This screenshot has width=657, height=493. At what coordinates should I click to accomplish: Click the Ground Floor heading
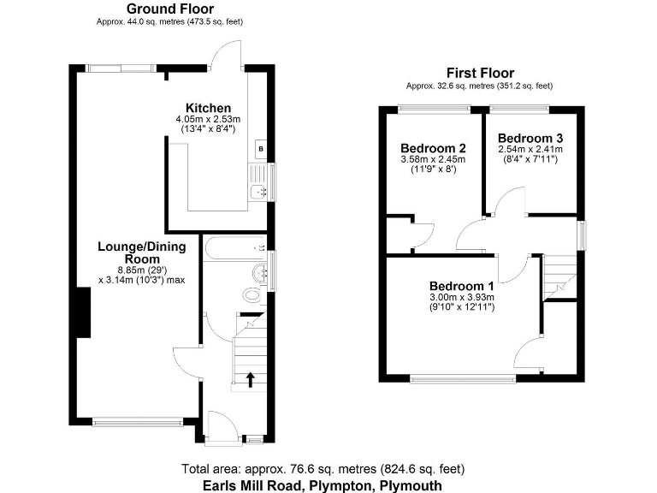tap(169, 9)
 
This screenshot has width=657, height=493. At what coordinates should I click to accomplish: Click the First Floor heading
tap(478, 73)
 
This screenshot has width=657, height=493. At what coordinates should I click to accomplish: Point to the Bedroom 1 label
tap(461, 286)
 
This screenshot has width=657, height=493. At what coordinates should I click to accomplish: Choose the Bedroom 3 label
tap(530, 138)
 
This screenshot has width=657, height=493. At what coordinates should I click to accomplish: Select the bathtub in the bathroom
tap(234, 249)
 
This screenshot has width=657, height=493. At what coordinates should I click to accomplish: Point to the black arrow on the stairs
tap(250, 379)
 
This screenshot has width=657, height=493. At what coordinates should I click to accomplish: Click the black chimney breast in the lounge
tap(83, 312)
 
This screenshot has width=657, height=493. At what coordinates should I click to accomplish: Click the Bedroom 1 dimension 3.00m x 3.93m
tap(461, 297)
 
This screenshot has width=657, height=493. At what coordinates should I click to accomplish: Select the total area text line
tap(323, 468)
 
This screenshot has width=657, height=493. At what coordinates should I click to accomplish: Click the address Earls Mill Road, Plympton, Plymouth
tap(323, 484)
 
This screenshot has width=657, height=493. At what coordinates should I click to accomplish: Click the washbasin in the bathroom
tap(260, 273)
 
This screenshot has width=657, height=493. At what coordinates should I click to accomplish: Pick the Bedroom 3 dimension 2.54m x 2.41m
tap(530, 149)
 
